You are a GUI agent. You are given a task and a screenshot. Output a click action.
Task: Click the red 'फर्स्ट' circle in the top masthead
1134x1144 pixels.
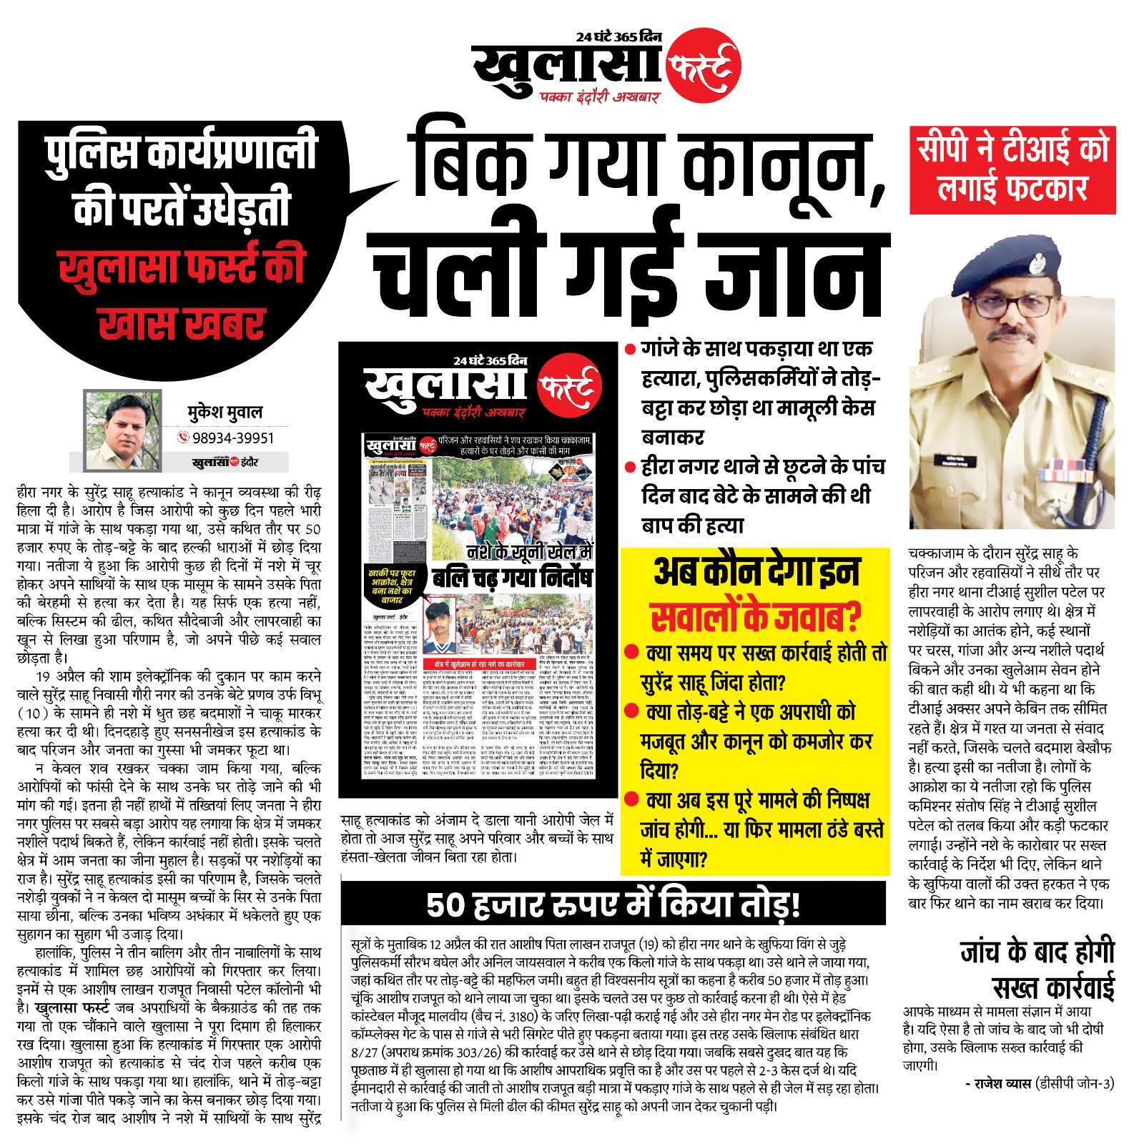[703, 66]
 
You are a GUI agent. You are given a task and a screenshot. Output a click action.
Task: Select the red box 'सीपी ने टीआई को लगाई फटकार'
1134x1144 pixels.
[1012, 170]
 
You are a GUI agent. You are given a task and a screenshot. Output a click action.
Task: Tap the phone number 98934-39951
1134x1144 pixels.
[233, 438]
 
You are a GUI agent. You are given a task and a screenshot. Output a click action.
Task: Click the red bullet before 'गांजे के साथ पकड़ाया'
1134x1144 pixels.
[630, 350]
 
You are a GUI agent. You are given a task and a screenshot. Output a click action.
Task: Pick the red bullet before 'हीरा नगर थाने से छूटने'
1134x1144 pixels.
[630, 468]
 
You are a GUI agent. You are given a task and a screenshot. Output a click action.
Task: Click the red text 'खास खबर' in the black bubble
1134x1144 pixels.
[182, 323]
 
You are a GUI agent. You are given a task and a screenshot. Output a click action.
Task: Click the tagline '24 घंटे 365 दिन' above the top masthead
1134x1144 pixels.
[618, 37]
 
